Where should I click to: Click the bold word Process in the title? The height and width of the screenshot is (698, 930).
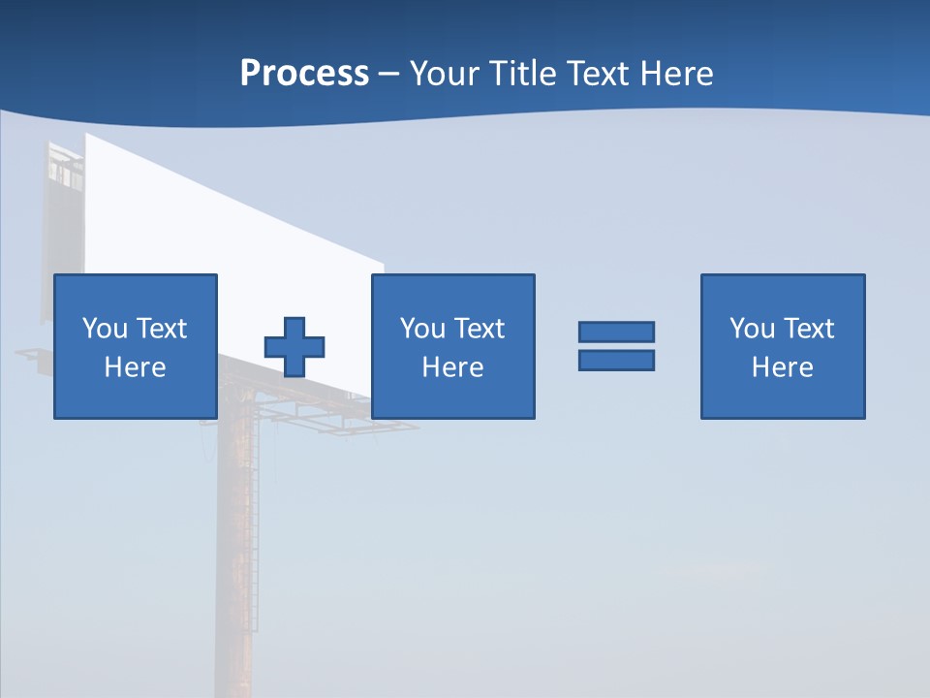(304, 74)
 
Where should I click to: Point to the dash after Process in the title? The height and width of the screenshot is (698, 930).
(389, 75)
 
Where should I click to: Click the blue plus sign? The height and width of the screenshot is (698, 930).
(294, 346)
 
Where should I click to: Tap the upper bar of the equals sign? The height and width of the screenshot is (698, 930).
(616, 333)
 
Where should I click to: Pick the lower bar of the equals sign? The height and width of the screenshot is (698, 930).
(616, 360)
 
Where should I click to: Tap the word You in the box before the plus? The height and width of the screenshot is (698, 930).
(105, 329)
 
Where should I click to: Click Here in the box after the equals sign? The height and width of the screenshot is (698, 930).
(783, 367)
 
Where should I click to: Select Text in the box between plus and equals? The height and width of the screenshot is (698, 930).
(479, 329)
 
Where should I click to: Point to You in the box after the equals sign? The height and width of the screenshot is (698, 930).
(752, 329)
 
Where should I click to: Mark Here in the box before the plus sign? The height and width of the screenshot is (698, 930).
(136, 367)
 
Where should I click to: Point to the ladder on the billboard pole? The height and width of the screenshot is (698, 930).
(255, 543)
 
